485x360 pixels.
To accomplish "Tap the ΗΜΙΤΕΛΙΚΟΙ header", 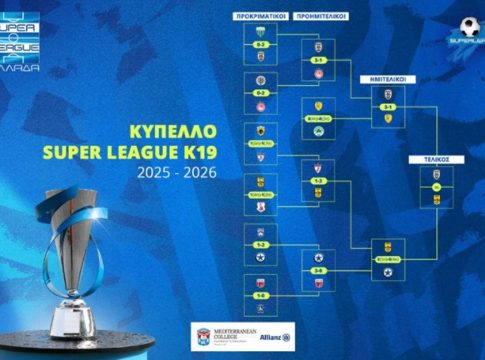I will point(384,76).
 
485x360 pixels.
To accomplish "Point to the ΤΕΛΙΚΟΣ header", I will point(436,159).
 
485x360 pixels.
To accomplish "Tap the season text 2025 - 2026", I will point(189,173).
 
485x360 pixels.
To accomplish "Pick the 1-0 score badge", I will point(259,296).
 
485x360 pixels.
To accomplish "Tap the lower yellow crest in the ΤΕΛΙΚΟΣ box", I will point(436,200).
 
